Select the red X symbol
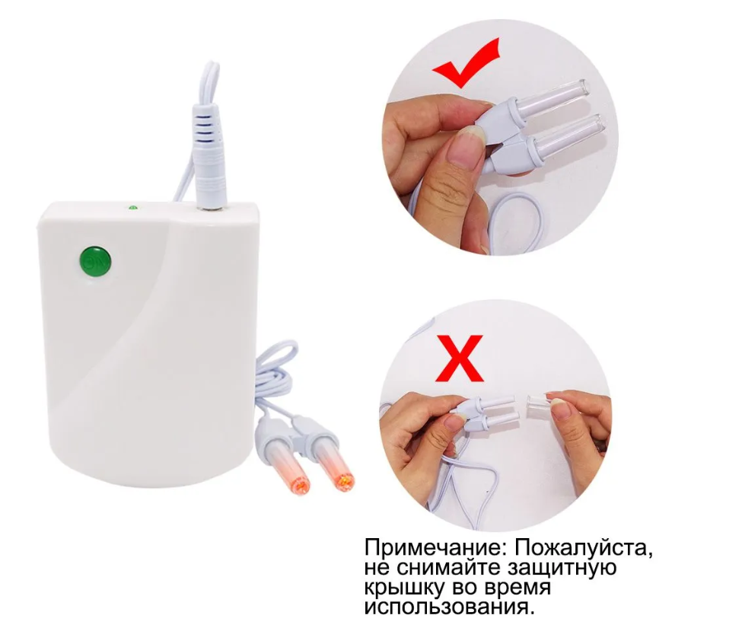pos(460,359)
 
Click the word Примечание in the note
pos(434,549)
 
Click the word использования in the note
pos(446,607)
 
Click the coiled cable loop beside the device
pos(276,374)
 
